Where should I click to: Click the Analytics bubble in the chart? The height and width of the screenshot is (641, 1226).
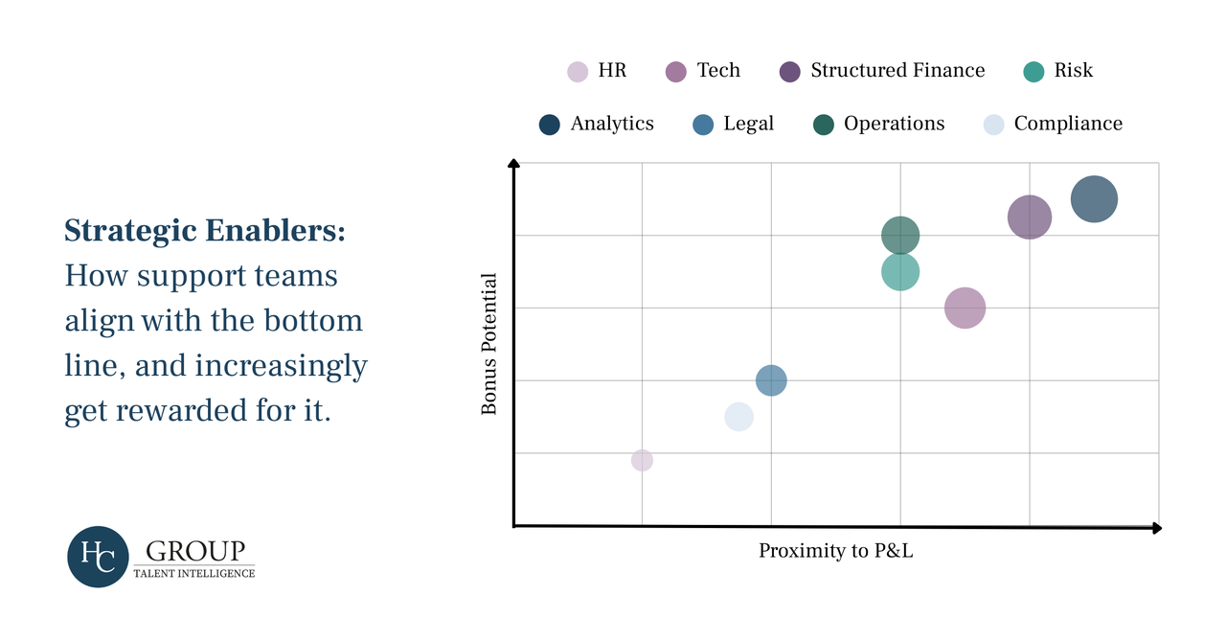coord(1094,199)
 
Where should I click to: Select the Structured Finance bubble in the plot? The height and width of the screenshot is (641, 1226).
coord(1030,217)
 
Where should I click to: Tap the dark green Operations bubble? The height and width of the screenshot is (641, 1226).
coord(900,235)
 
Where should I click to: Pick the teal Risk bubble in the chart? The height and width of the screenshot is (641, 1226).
coord(900,272)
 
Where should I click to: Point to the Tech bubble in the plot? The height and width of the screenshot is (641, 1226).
coord(965,308)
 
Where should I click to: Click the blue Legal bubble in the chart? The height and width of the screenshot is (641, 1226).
coord(771,380)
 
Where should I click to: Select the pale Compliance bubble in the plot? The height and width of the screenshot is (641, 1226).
coord(738,417)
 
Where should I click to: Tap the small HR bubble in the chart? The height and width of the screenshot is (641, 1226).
coord(642,460)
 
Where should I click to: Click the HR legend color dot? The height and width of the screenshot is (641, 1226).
coord(578,71)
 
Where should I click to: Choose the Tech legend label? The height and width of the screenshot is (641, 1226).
coord(718,70)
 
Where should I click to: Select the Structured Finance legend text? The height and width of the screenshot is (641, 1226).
coord(897,70)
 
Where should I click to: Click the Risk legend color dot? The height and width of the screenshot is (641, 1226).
coord(1033,71)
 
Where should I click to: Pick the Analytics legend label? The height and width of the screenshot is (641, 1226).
coord(612,124)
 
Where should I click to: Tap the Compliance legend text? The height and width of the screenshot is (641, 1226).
coord(1068,124)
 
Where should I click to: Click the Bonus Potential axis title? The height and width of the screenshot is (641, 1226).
coord(489,344)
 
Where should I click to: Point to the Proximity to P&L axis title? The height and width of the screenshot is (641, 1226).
coord(836,551)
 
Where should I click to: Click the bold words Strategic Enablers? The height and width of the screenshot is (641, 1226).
coord(205,231)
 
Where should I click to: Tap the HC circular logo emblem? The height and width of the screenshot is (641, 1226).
coord(98,557)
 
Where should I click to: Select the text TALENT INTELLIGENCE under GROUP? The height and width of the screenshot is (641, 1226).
coord(200,573)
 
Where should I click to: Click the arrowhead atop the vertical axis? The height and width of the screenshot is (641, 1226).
coord(513,165)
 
